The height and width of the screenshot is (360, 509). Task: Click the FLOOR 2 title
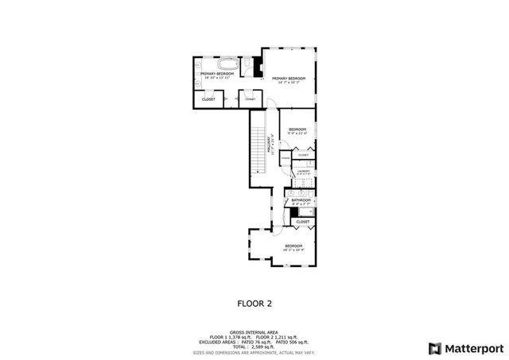tap(254, 303)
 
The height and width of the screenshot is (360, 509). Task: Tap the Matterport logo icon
tap(433, 348)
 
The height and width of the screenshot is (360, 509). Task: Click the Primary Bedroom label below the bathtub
tap(212, 75)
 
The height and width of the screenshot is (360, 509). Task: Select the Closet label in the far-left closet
tap(208, 99)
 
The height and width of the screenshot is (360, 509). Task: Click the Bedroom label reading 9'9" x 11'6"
tap(297, 131)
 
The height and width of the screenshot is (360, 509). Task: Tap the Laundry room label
tap(303, 171)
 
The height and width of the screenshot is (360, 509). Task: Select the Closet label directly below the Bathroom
tap(303, 222)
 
